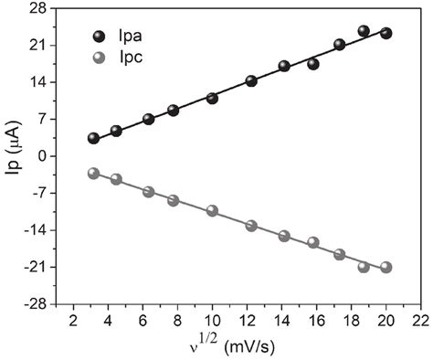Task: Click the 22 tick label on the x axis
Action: pos(418,321)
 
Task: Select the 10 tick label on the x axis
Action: pos(211,321)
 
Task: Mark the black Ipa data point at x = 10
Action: pos(212,98)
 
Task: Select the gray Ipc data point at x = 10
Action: pos(212,210)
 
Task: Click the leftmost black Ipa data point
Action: pos(93,138)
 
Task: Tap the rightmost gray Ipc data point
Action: pos(385,267)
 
